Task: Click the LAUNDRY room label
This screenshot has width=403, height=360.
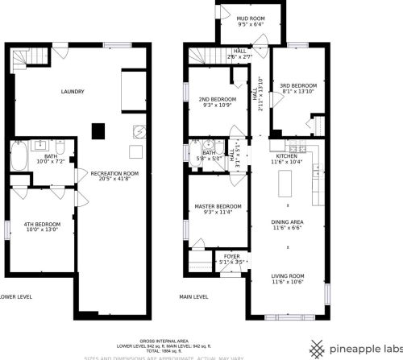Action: pos(73,92)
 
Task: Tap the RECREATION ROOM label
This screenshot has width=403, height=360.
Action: pos(114,173)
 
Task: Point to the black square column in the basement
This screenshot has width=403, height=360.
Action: pos(98,130)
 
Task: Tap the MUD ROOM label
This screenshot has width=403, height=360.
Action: pos(251,18)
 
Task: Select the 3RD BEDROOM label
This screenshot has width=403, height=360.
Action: pos(297,85)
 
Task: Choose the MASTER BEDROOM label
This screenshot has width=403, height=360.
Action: pos(218,206)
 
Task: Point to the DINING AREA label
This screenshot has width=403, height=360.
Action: pos(287,221)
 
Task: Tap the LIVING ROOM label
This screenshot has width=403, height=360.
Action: pos(287,275)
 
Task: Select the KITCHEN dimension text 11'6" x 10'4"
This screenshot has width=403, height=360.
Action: pos(287,163)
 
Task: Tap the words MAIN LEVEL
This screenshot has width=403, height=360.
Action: pos(194,296)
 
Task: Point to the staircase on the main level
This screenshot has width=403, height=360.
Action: pos(199,55)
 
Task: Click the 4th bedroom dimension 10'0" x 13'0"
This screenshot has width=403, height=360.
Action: pos(43,230)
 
